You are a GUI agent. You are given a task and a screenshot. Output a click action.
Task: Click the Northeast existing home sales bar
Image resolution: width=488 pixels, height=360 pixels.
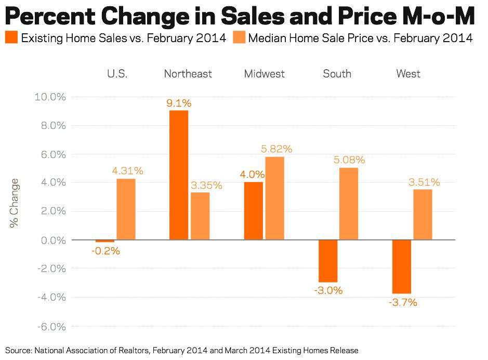tap(179, 175)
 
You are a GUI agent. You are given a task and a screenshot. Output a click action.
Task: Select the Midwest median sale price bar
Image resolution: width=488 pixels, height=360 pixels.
tap(275, 198)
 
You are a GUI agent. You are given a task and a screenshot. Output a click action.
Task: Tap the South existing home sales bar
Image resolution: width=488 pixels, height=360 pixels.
tap(328, 261)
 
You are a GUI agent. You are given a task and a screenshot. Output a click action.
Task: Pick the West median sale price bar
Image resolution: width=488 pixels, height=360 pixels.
tap(423, 214)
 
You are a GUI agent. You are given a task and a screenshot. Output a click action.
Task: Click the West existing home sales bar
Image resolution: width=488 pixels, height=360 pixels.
tap(402, 266)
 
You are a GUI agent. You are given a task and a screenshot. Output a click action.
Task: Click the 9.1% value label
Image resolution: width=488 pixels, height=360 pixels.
tap(179, 103)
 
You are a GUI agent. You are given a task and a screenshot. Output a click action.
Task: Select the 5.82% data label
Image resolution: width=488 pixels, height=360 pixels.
tap(275, 149)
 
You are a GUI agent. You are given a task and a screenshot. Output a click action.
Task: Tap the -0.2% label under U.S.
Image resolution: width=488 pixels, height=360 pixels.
tap(105, 251)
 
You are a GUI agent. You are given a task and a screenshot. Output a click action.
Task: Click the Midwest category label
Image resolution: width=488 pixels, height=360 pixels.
tap(265, 74)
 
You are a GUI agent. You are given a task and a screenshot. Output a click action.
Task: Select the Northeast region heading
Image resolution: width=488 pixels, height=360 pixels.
tap(188, 74)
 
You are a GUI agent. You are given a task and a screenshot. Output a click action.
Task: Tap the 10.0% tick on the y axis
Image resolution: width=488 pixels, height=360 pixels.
tap(50, 97)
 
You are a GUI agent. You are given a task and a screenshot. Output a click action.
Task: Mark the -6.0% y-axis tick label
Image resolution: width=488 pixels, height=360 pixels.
tap(50, 327)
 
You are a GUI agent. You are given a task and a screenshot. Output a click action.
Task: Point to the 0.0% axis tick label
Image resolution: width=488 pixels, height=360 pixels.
tap(52, 240)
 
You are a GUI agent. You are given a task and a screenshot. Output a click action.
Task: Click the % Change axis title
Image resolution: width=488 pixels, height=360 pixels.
tap(14, 203)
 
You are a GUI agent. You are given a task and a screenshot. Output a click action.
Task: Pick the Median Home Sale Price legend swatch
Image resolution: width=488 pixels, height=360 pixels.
tap(239, 38)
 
